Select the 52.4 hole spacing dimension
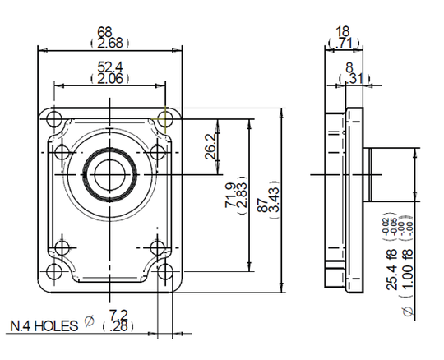click(x=110, y=67)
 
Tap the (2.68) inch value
click(x=110, y=43)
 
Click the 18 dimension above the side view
click(x=343, y=31)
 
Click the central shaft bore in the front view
click(x=109, y=173)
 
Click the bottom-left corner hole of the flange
click(x=56, y=271)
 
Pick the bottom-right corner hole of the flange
click(x=164, y=271)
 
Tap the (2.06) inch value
click(x=110, y=78)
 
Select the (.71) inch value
click(x=343, y=43)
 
